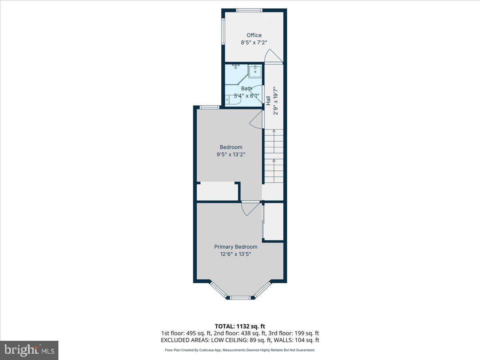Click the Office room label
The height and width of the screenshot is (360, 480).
click(254, 35)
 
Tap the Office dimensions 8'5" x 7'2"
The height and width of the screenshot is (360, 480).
click(254, 42)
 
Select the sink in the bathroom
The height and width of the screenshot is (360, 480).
click(255, 72)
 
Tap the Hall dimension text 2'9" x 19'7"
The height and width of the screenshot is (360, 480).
click(275, 101)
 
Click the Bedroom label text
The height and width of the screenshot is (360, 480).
click(231, 147)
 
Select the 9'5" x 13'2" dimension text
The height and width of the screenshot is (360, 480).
click(231, 154)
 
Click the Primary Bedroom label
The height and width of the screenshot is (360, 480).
click(236, 247)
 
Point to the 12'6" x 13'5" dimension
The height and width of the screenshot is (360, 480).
click(236, 254)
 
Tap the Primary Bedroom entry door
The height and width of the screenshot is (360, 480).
click(250, 208)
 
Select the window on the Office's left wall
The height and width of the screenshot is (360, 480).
click(224, 31)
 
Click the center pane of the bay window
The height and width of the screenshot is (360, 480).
click(240, 297)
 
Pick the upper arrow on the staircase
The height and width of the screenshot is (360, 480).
click(274, 131)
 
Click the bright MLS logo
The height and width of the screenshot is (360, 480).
click(29, 350)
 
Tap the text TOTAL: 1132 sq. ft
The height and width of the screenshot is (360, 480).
click(240, 326)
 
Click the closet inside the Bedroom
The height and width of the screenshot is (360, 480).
click(217, 191)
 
